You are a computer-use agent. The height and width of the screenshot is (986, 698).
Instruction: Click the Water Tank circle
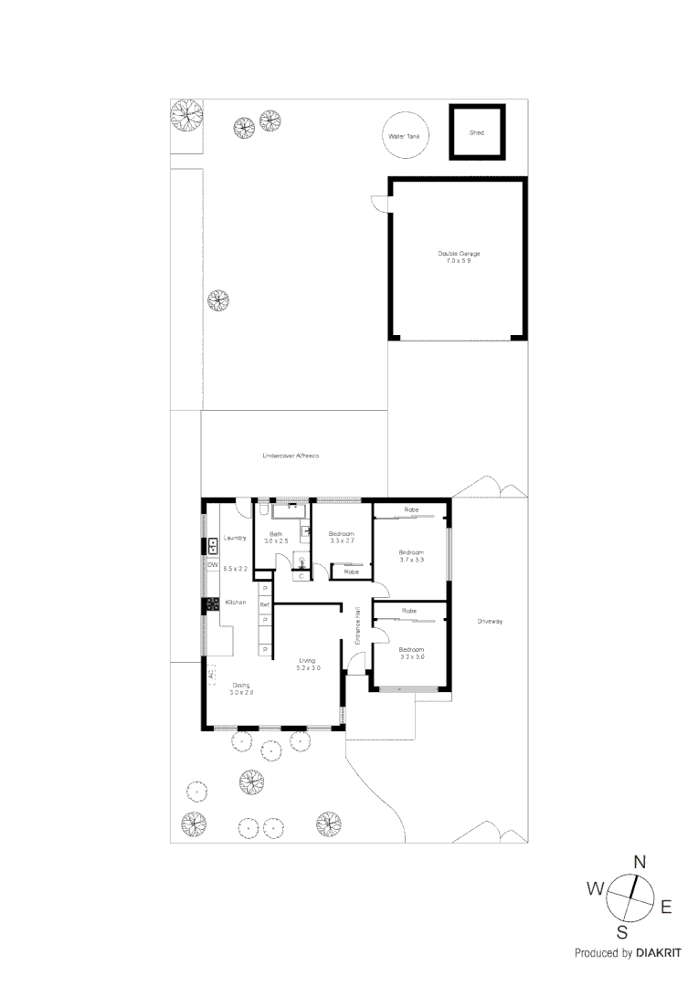click(406, 134)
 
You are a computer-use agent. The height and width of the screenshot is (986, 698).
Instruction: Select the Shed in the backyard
click(476, 132)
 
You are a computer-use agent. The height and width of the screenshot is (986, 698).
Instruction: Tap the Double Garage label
click(458, 257)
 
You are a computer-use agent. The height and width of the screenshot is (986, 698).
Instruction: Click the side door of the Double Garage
click(379, 205)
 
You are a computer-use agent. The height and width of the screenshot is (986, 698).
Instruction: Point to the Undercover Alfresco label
click(290, 455)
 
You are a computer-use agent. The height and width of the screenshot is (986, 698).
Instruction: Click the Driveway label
click(490, 622)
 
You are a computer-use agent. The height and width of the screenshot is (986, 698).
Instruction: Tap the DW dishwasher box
click(212, 566)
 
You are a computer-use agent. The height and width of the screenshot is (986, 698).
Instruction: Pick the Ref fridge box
click(264, 604)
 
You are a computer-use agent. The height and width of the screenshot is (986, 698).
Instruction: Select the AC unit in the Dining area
click(210, 675)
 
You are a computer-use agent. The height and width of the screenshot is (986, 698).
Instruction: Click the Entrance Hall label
click(358, 626)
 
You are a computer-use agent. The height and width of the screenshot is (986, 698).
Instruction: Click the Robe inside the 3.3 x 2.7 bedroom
click(351, 572)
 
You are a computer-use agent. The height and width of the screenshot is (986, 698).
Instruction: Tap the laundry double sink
click(212, 547)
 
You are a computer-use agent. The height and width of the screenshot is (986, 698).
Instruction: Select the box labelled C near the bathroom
click(301, 577)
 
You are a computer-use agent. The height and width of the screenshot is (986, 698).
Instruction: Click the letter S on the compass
click(621, 932)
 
